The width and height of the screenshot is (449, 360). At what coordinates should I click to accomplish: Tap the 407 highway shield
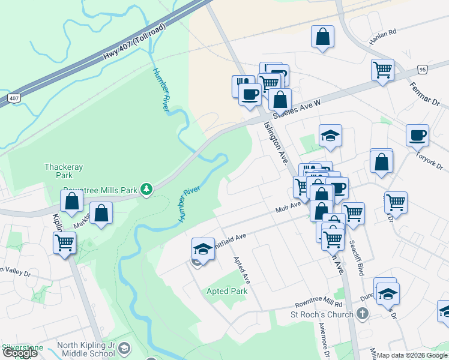13,97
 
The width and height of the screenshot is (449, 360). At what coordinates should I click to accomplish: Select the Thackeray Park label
59,171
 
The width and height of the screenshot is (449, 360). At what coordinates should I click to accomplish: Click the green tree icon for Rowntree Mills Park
146,190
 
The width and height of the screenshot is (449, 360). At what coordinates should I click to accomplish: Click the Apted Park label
227,291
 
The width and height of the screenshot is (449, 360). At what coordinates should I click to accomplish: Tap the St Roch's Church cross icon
362,313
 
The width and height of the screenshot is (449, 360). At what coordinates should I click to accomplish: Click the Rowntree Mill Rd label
318,304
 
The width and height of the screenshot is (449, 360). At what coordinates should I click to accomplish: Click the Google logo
20,353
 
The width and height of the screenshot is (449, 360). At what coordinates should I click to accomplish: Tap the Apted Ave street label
242,270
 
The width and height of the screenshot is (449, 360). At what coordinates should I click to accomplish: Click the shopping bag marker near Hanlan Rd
323,36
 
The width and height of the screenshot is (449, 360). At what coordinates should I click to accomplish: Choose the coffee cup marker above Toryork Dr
417,135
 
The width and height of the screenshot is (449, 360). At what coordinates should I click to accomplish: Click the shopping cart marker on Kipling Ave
64,243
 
